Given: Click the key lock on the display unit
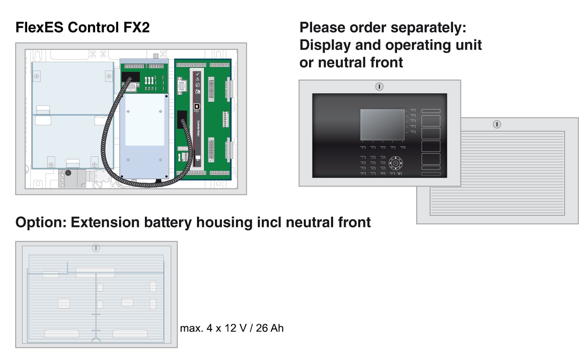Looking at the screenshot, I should click(x=379, y=87).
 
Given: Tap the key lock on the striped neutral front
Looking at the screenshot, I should click(x=496, y=124).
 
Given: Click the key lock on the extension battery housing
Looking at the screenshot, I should click(x=96, y=248).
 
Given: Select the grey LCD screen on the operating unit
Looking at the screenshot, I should click(x=382, y=125).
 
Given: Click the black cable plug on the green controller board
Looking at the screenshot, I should click(x=183, y=120).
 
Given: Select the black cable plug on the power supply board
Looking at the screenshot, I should click(x=130, y=78).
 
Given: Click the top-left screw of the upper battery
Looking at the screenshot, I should click(x=38, y=77).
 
